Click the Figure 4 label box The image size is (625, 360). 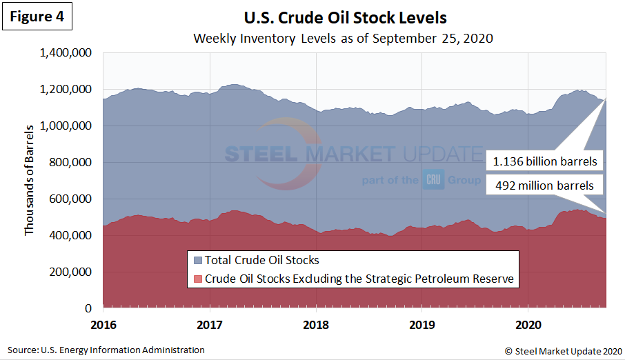40,17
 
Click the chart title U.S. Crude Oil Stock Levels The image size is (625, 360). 345,17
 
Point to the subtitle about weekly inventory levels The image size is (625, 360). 344,37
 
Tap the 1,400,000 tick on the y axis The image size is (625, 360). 66,53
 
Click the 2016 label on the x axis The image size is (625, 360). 104,323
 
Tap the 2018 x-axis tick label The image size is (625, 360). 316,323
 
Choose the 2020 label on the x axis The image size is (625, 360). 528,323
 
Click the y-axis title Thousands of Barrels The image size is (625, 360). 29,179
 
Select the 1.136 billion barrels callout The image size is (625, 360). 544,162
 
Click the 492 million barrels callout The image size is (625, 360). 544,185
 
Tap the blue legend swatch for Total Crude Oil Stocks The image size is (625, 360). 197,261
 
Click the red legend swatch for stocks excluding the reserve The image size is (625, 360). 197,279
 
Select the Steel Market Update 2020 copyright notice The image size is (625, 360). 564,350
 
